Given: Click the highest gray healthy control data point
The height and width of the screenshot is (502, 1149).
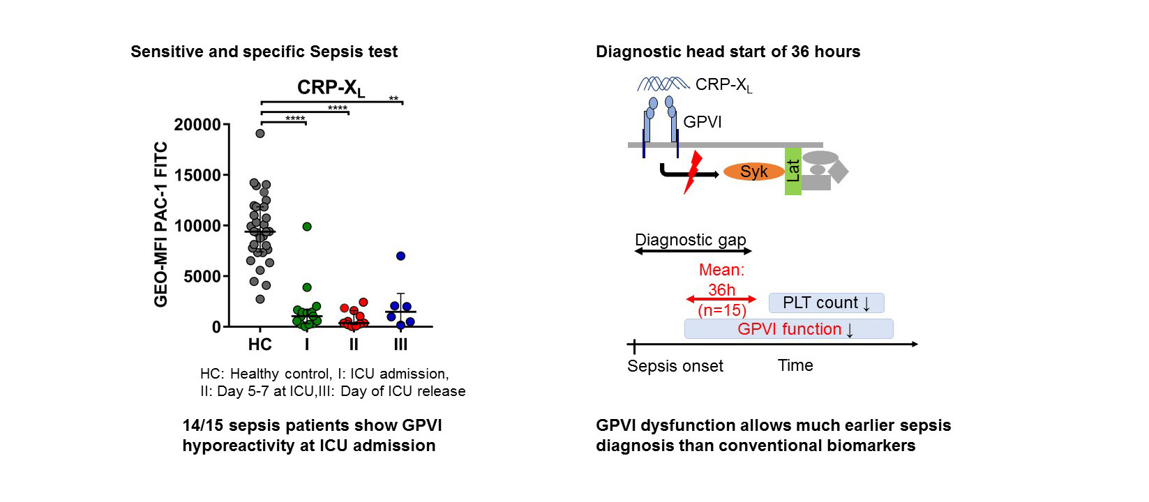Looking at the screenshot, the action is [260, 133].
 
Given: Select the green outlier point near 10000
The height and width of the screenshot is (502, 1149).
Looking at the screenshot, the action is [307, 227].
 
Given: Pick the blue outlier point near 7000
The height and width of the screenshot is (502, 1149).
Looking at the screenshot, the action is [400, 256].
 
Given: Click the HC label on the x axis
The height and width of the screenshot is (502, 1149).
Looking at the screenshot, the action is [260, 344].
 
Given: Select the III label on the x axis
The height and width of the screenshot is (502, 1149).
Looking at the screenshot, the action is [400, 344].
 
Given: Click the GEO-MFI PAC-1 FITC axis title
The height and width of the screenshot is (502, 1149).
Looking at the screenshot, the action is [160, 225].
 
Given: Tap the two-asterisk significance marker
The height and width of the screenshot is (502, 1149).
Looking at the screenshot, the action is [393, 98].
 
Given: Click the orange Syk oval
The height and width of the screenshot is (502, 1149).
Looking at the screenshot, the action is [753, 172].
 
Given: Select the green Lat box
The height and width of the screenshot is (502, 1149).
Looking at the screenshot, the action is [793, 172].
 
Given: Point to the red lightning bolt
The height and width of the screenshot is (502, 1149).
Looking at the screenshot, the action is [693, 172].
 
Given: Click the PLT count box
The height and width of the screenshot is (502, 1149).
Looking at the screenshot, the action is [827, 303].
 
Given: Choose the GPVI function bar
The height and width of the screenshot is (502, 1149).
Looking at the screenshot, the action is [789, 328].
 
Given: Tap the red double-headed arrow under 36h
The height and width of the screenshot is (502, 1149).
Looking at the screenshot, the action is [721, 299].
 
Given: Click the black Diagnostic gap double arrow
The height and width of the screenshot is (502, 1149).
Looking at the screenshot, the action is [693, 251].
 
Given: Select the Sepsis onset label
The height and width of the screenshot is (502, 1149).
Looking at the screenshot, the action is [675, 366].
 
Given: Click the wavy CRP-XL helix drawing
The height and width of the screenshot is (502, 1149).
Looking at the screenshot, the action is [663, 84].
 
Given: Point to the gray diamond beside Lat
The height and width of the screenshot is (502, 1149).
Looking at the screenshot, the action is [838, 172].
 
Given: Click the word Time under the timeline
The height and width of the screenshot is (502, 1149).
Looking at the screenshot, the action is [795, 365].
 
